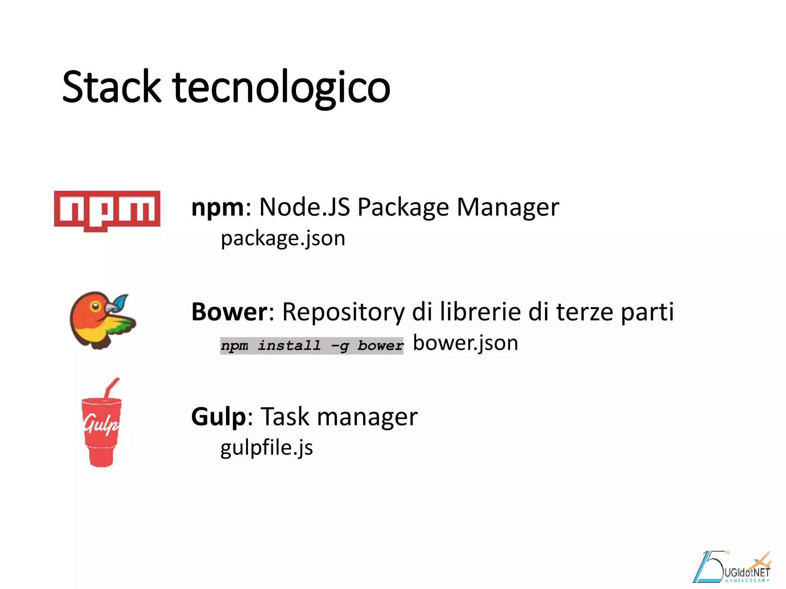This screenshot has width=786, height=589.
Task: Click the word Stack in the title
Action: [x=111, y=87]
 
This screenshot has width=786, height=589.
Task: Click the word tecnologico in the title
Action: [x=281, y=88]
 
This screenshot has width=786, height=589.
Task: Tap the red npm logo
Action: [x=107, y=210]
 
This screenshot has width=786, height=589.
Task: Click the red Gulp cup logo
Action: [x=101, y=429]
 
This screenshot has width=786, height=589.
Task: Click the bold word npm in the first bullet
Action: [x=218, y=208]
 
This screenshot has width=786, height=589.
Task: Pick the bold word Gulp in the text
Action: [x=218, y=417]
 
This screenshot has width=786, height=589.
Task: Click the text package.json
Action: [x=283, y=239]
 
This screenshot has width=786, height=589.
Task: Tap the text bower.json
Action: [x=465, y=343]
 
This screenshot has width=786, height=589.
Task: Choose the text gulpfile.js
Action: [x=266, y=448]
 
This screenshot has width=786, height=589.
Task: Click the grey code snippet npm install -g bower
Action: [x=312, y=346]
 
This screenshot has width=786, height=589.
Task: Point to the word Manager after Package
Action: [x=508, y=208]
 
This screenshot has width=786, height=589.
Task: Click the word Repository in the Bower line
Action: [x=343, y=312]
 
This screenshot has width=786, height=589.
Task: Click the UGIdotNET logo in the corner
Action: [x=733, y=568]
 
